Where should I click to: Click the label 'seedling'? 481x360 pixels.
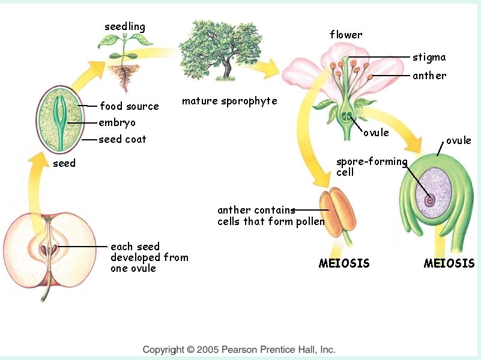point(125,26)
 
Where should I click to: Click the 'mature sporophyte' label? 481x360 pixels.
point(229,101)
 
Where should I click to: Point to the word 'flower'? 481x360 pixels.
point(346,35)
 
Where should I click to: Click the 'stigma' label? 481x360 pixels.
point(429,58)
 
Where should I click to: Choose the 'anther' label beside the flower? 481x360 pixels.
point(429,76)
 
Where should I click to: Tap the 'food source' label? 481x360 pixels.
point(129,106)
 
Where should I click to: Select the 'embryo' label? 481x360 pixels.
point(117,122)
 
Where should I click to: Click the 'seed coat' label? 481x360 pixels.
point(123,139)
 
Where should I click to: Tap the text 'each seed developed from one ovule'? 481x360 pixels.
point(149,257)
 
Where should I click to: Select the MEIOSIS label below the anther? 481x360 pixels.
point(344,263)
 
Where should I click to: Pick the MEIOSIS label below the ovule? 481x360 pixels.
point(449,263)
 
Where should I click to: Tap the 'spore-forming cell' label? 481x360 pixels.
point(371,167)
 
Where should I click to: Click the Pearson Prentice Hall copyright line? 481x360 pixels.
point(238,349)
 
